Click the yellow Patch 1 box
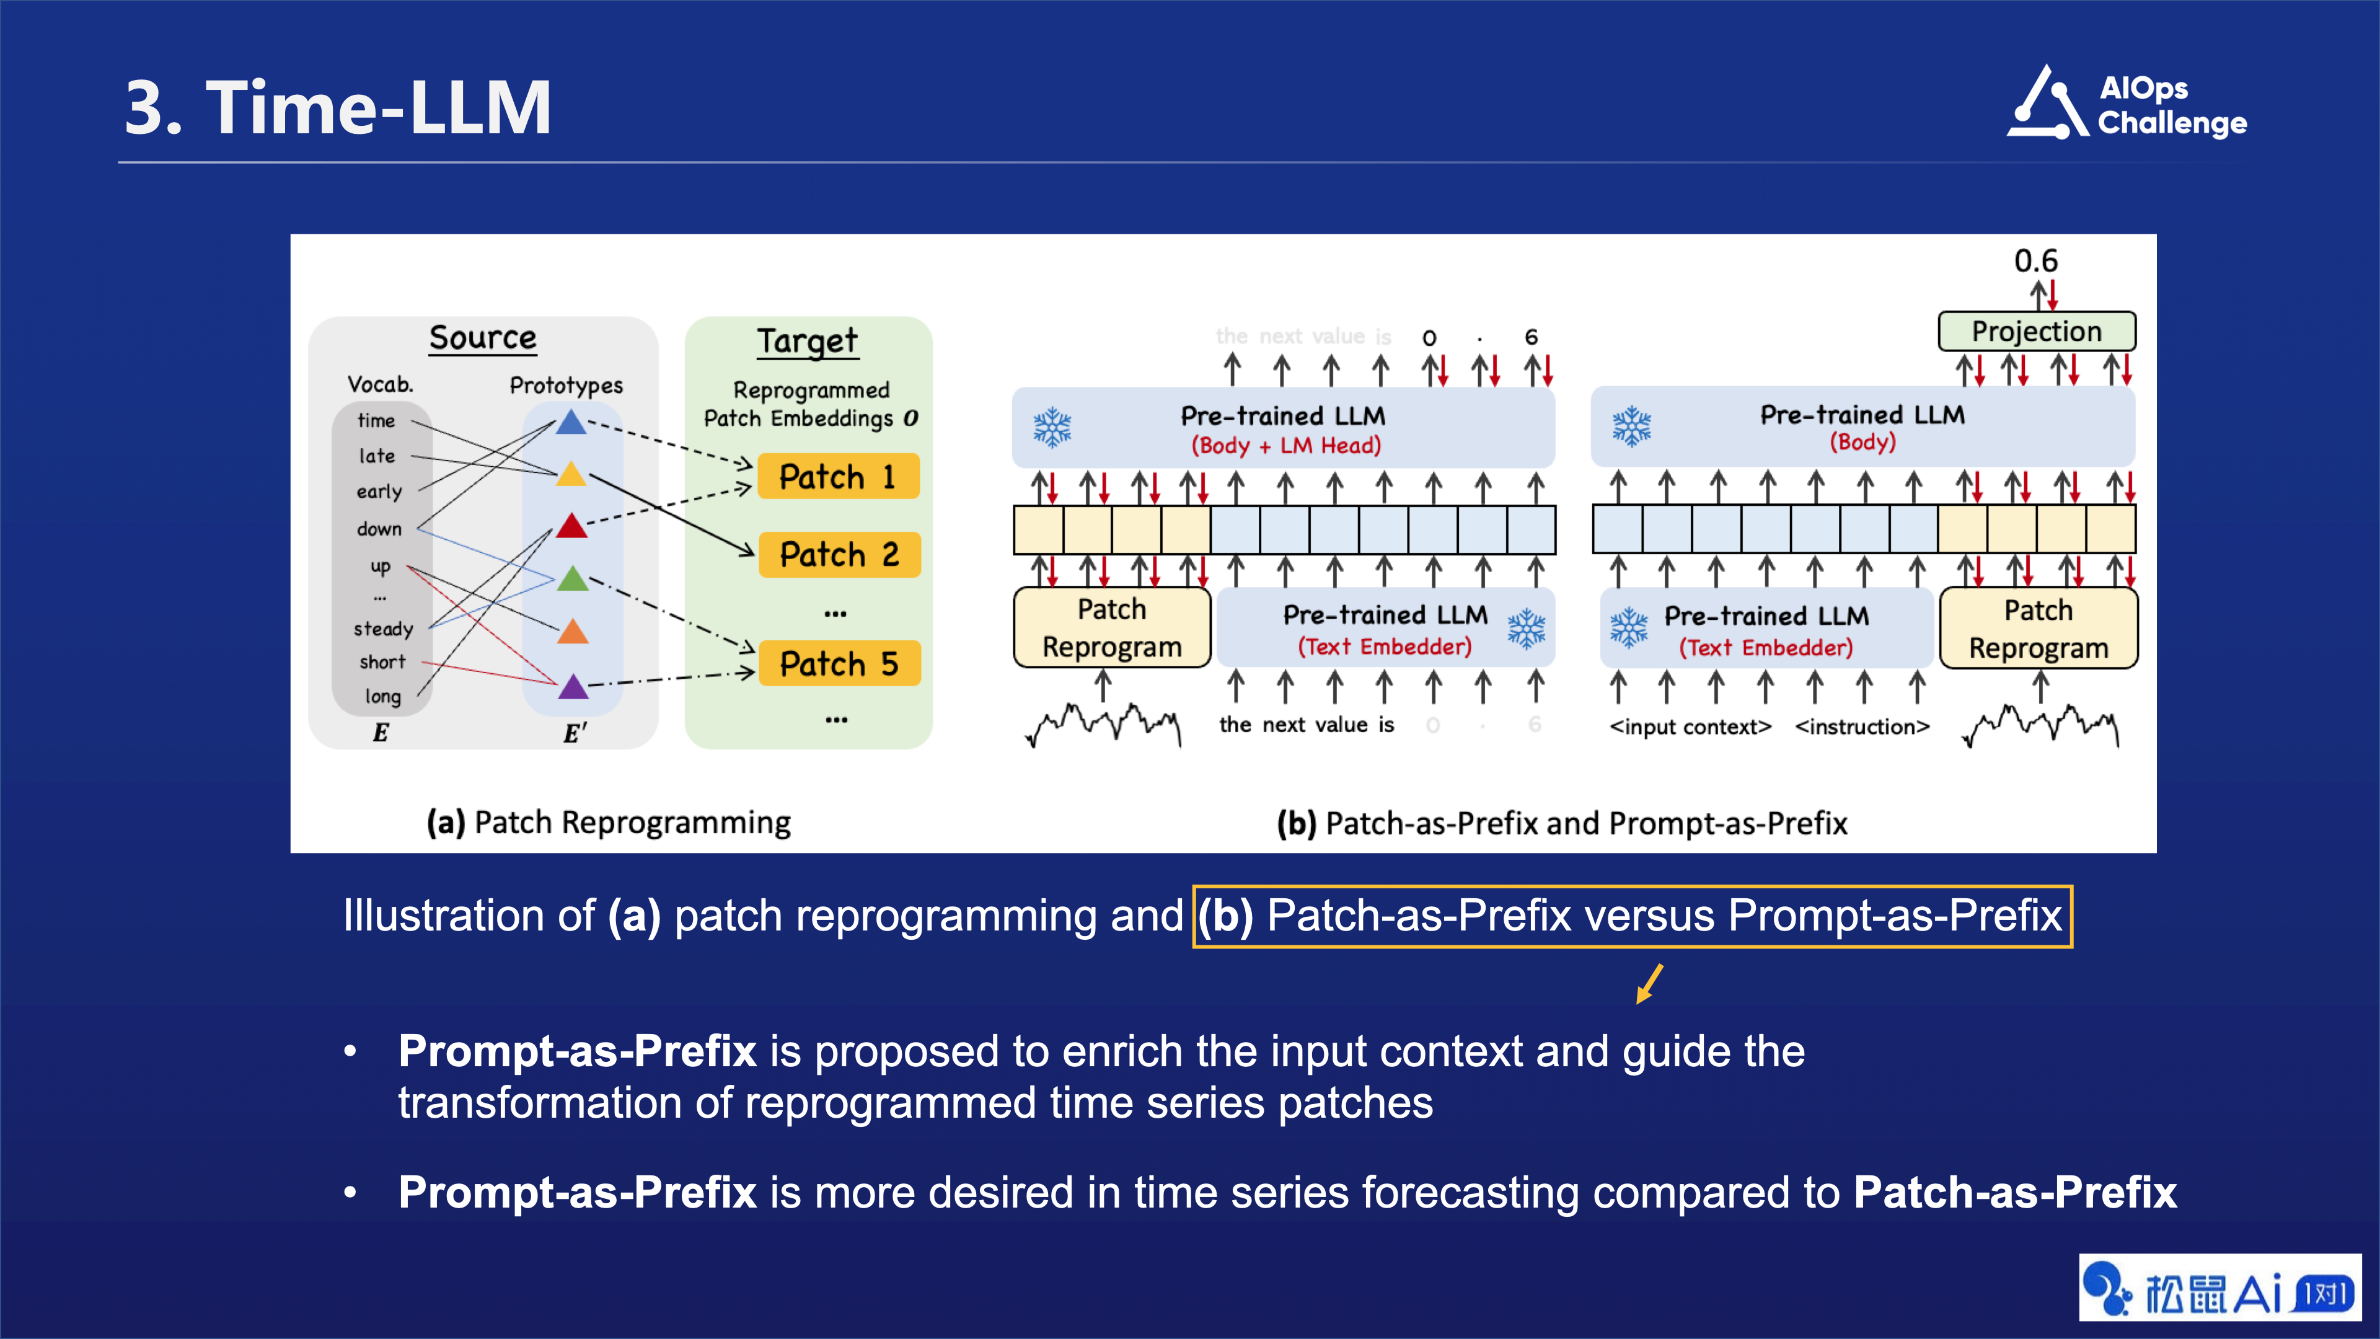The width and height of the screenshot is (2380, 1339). (838, 477)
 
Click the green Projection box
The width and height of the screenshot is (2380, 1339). (2036, 332)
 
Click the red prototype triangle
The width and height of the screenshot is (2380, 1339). (572, 527)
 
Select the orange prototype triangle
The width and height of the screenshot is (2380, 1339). (573, 632)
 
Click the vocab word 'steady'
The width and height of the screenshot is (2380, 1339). (382, 629)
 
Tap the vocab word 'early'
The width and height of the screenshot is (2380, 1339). (379, 492)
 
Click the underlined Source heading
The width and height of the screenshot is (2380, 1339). (482, 338)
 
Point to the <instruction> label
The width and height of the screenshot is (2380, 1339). (1862, 727)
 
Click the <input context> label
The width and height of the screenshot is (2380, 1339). (1690, 727)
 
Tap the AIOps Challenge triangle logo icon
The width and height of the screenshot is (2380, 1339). (2047, 104)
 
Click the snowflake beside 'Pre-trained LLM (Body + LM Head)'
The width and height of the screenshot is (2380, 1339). (1052, 428)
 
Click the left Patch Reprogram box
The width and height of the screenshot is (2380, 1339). (1111, 629)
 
